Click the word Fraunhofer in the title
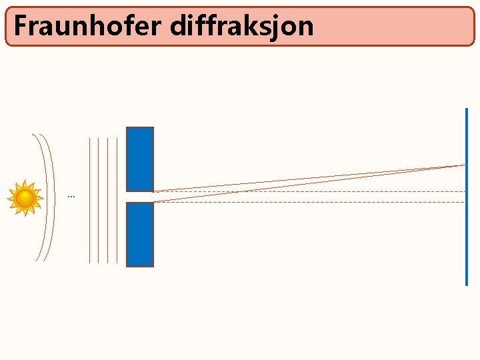coord(88,26)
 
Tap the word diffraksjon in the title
coord(241,26)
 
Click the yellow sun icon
coord(25,198)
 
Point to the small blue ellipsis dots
coord(71,197)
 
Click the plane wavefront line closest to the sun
coord(90,200)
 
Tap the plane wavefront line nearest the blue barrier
coord(117,200)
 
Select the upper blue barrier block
coord(140,159)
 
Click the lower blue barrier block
coord(140,234)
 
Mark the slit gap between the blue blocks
coord(140,197)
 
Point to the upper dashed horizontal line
coord(307,191)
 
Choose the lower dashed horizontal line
coord(307,201)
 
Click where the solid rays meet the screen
coord(465,165)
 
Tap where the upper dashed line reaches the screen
coord(465,191)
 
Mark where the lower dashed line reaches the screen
coord(465,201)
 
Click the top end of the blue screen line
coord(467,109)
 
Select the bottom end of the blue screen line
coord(467,284)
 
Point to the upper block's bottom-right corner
coord(153,191)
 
